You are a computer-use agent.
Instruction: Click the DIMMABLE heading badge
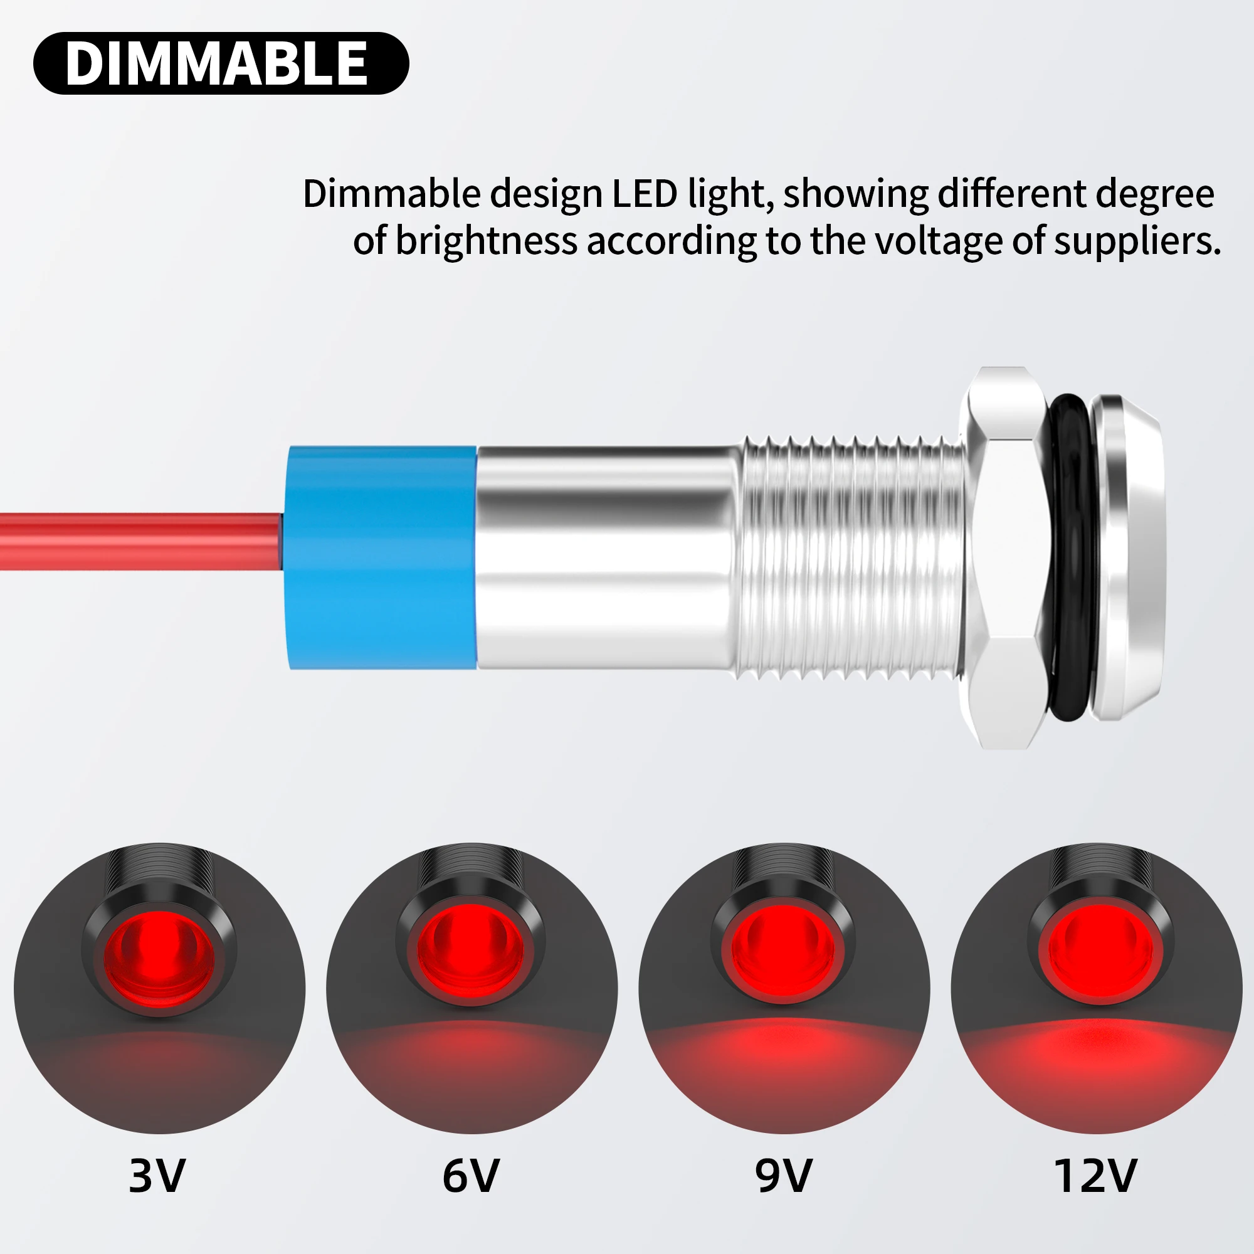(221, 63)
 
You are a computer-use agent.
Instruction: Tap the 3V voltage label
(157, 1176)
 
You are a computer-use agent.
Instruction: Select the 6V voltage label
(471, 1176)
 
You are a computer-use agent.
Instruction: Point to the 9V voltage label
(783, 1176)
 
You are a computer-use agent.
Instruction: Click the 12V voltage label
(1095, 1176)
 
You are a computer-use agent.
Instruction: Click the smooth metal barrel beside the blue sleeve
(607, 557)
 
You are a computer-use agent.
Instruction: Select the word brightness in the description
(486, 241)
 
